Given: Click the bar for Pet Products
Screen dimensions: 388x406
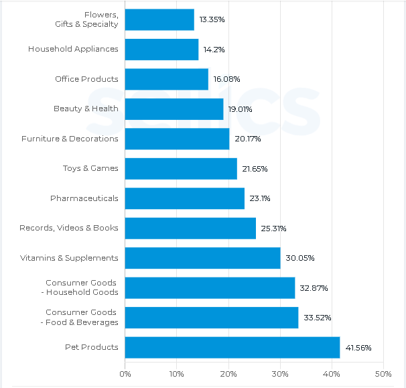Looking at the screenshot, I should tap(232, 347).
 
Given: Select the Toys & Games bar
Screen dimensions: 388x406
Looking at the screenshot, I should tap(181, 168).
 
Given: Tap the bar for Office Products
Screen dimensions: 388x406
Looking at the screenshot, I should tap(166, 79).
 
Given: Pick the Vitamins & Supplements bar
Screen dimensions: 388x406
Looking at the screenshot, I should tap(202, 258).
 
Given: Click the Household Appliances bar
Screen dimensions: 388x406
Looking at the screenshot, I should tap(161, 49).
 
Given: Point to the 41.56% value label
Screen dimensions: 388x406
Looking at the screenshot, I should tap(358, 348).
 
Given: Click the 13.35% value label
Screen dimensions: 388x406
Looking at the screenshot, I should tap(212, 19).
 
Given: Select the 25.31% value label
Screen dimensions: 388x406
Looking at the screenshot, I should tap(273, 229).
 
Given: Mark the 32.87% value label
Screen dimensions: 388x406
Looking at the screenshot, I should tap(314, 288).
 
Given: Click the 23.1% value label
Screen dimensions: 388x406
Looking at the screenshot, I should tap(260, 198).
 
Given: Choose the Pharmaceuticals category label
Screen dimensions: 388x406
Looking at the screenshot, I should tap(84, 198).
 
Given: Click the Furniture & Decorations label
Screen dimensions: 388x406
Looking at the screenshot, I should tap(70, 139).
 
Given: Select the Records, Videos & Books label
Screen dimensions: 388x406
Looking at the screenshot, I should tap(68, 228).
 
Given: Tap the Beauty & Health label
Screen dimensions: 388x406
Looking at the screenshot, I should tap(86, 109).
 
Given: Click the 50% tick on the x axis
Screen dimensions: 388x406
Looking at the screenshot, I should tap(383, 373).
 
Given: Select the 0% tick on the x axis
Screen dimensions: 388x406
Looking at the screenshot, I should tap(125, 373).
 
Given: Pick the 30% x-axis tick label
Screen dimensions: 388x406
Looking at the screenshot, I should tap(280, 373).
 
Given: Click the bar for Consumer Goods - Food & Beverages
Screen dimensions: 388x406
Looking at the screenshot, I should tap(211, 318).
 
